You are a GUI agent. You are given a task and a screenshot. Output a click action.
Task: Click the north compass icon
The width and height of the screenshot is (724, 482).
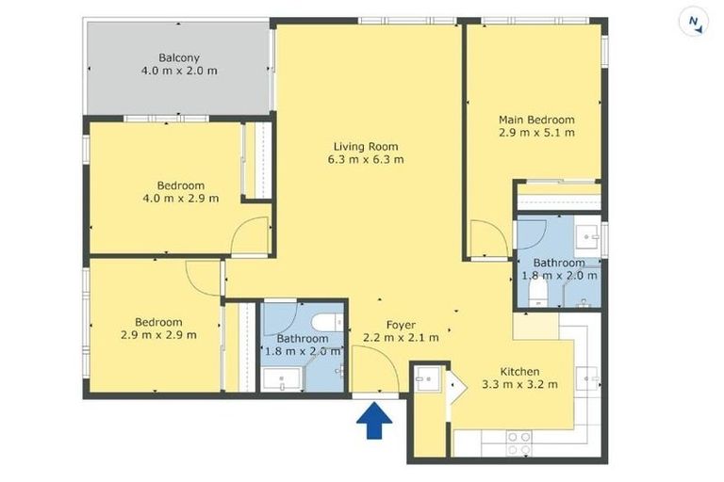pyautogui.click(x=694, y=22)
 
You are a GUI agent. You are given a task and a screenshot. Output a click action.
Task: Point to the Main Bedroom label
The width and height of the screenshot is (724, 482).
pyautogui.click(x=536, y=120)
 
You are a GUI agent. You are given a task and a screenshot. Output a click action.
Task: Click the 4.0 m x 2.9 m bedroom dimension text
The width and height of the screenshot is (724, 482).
pyautogui.click(x=180, y=199)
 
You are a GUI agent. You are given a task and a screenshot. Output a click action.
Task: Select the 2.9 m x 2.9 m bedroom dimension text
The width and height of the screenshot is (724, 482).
pyautogui.click(x=158, y=335)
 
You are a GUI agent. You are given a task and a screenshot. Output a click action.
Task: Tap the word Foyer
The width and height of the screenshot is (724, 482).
pyautogui.click(x=403, y=326)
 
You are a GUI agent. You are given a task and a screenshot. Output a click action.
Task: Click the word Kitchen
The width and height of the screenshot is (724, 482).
pyautogui.click(x=519, y=370)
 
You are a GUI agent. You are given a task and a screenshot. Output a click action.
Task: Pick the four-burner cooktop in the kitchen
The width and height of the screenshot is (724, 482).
pyautogui.click(x=518, y=442)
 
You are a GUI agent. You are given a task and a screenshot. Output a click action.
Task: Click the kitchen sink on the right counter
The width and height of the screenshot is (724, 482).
pyautogui.click(x=592, y=378)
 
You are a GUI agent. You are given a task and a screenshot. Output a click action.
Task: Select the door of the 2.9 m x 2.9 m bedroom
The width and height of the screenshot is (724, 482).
pyautogui.click(x=204, y=275)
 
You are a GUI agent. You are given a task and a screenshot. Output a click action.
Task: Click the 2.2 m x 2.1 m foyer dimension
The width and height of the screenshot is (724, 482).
pyautogui.click(x=403, y=339)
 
